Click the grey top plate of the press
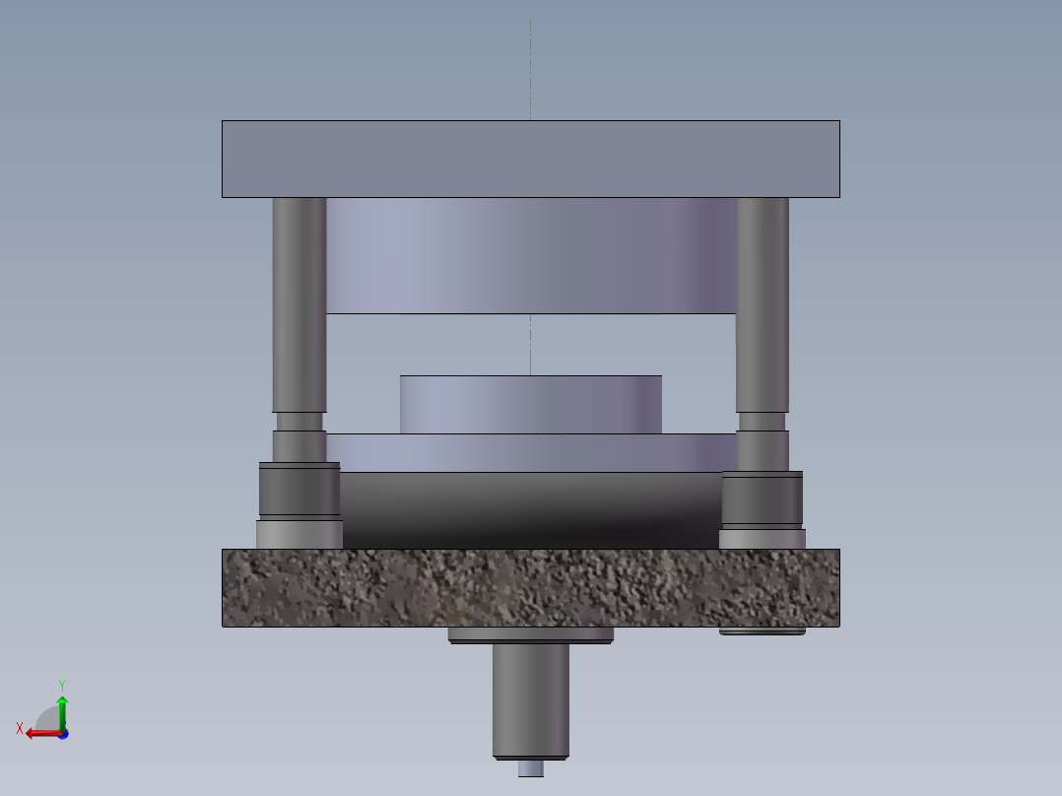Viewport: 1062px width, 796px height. click(x=530, y=159)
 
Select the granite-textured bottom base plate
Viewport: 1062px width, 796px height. click(x=530, y=587)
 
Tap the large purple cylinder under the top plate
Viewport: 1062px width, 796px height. click(x=530, y=255)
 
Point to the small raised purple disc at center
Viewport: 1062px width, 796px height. click(x=530, y=404)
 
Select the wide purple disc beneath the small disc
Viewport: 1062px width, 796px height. click(x=530, y=452)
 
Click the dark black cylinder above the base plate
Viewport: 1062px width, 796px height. click(x=530, y=509)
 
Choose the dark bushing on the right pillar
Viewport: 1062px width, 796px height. click(x=762, y=499)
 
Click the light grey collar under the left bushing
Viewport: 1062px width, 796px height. click(x=299, y=534)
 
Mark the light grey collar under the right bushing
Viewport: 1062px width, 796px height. click(x=762, y=539)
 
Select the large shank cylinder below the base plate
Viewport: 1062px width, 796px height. click(x=530, y=699)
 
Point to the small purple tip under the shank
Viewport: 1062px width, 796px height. click(x=530, y=768)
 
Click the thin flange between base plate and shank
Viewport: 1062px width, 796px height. click(x=530, y=635)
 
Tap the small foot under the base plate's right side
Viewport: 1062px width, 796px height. click(x=762, y=631)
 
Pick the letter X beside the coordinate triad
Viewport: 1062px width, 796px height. click(x=19, y=729)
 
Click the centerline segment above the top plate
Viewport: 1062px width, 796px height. click(x=530, y=69)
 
